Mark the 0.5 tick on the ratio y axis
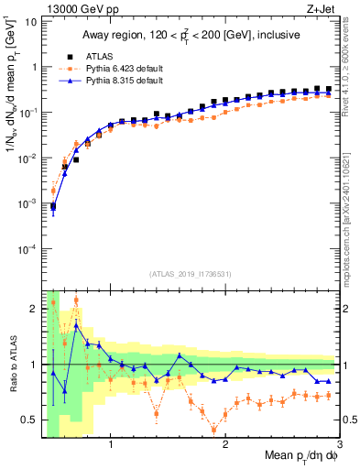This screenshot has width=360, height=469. (27, 420)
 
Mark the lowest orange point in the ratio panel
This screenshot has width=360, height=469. (214, 429)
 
